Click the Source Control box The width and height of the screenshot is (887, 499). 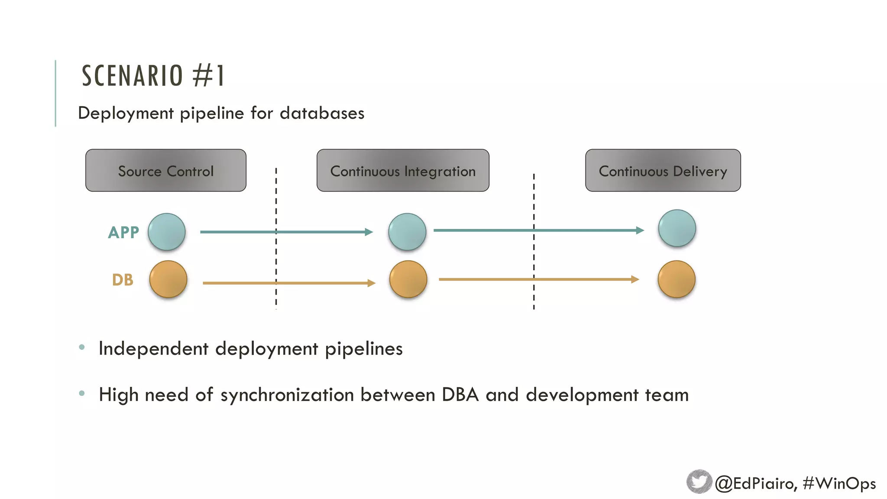click(x=166, y=171)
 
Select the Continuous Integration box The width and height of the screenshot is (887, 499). click(x=403, y=171)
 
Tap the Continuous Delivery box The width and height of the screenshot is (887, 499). click(x=663, y=171)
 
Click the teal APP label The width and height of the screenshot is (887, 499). click(x=123, y=233)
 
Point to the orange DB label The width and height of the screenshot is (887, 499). click(x=123, y=280)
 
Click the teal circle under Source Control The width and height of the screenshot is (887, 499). click(x=167, y=232)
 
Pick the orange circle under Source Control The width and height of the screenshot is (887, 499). click(x=168, y=279)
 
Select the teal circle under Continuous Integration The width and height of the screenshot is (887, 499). click(x=407, y=232)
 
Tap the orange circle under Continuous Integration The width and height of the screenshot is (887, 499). click(x=408, y=279)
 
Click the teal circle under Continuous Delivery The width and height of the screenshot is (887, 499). click(x=677, y=228)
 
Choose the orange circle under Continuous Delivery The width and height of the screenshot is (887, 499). click(x=677, y=279)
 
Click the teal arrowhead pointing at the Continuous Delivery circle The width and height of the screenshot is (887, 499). click(x=640, y=230)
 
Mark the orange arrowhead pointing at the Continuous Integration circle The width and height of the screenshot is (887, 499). click(x=371, y=283)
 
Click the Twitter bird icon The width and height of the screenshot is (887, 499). click(x=699, y=482)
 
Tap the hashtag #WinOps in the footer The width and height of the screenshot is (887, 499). click(x=839, y=483)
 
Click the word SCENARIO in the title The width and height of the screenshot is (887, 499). click(x=133, y=76)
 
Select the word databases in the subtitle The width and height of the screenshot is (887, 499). click(x=322, y=113)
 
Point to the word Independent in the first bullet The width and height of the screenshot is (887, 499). click(x=153, y=349)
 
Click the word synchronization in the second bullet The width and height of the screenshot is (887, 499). click(x=287, y=395)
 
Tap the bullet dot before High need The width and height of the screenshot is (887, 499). click(x=82, y=393)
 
